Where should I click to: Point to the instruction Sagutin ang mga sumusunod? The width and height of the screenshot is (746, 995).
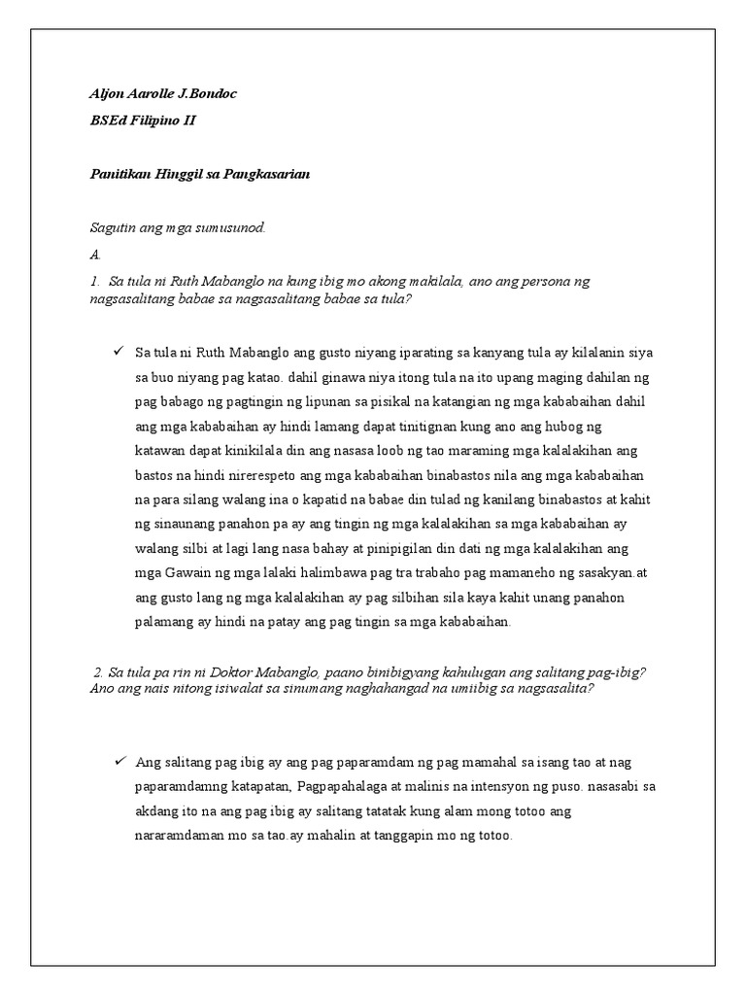tap(177, 227)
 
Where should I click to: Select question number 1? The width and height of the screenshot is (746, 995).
tap(94, 281)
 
